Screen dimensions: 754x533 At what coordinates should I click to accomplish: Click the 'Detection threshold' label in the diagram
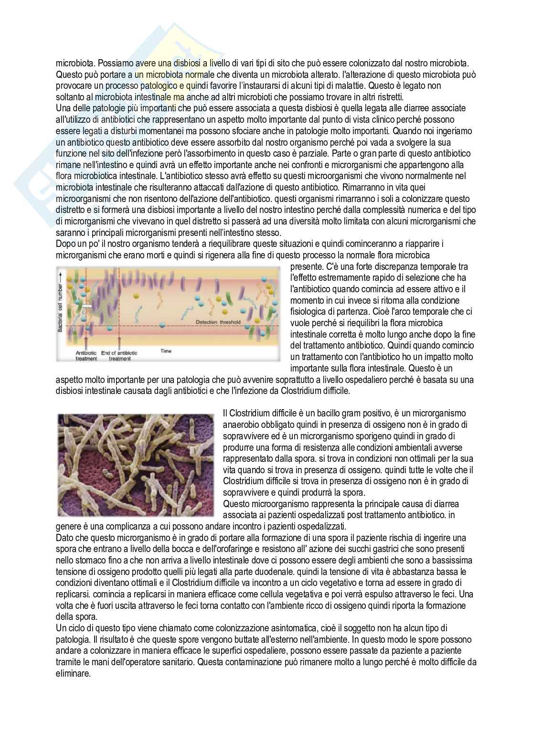coord(218,323)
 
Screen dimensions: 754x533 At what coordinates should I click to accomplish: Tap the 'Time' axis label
coord(166,351)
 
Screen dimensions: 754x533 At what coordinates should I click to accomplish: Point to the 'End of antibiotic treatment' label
coord(119,355)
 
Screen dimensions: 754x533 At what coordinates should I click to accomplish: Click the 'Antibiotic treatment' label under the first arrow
coord(86,355)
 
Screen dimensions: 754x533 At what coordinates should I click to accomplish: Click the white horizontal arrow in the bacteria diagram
coord(87,305)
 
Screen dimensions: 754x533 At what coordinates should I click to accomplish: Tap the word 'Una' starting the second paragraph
coord(63,108)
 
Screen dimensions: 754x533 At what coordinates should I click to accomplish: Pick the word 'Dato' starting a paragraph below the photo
coord(64,538)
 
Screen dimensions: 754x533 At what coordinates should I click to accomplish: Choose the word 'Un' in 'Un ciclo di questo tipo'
coord(61,628)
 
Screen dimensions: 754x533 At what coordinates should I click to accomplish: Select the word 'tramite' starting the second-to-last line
coord(68,662)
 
